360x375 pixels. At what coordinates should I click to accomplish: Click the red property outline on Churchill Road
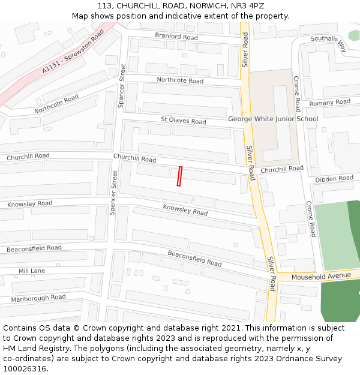pyautogui.click(x=179, y=176)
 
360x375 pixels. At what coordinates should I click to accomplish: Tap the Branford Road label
pyautogui.click(x=176, y=37)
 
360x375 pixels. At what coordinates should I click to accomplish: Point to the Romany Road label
pyautogui.click(x=329, y=103)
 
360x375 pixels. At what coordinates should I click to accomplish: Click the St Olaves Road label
pyautogui.click(x=183, y=121)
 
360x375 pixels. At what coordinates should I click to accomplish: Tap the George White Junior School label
pyautogui.click(x=273, y=119)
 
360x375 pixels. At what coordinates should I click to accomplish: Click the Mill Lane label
pyautogui.click(x=31, y=271)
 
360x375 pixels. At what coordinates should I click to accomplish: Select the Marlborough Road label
pyautogui.click(x=38, y=298)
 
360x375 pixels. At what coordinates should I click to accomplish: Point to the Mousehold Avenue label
pyautogui.click(x=321, y=276)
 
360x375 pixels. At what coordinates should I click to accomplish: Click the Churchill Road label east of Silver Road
pyautogui.click(x=282, y=169)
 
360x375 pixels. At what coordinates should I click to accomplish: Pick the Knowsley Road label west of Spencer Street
pyautogui.click(x=29, y=204)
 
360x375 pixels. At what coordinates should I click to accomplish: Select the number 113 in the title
pyautogui.click(x=106, y=6)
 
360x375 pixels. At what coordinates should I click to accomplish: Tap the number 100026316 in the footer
pyautogui.click(x=23, y=369)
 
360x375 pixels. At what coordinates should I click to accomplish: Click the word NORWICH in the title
pyautogui.click(x=205, y=6)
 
